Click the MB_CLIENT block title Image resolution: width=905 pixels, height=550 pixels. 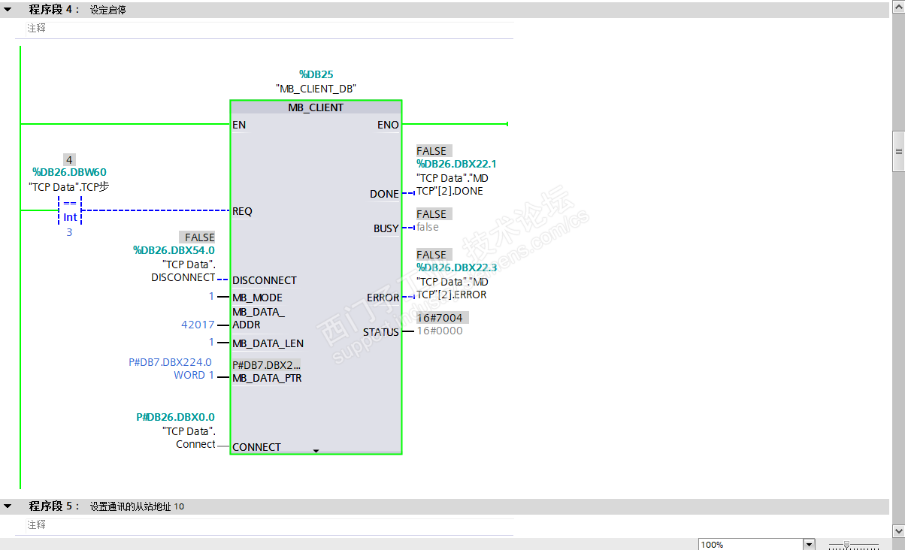coord(316,107)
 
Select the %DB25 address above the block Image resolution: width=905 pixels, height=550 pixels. coord(316,74)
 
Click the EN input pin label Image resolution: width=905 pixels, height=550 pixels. coord(239,125)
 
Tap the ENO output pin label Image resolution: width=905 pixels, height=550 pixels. coord(388,125)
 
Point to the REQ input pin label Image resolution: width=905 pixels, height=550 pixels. coord(242,211)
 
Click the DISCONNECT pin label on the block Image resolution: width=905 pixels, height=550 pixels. coord(265,280)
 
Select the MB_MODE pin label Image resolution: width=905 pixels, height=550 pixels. coord(257,298)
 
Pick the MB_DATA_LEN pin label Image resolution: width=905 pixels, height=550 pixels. coord(268,343)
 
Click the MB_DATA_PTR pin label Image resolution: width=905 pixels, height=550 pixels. coord(267,378)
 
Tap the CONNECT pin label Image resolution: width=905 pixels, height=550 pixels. coord(256,447)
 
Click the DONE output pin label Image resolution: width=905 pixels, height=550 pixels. coord(384,194)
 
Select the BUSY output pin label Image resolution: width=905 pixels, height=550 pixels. coord(386,228)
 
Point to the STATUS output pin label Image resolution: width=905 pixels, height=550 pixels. coord(381,332)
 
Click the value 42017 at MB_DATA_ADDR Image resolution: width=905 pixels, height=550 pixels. coord(198,325)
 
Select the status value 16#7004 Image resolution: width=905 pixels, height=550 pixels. coord(440,318)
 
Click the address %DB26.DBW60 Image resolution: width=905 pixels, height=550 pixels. coord(69,172)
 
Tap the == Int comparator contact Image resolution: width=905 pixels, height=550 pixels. coord(69,210)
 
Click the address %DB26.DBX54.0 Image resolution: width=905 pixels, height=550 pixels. coord(174,250)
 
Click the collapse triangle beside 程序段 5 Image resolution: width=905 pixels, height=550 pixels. coord(8,506)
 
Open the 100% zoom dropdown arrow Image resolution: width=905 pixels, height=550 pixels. coord(809,544)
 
